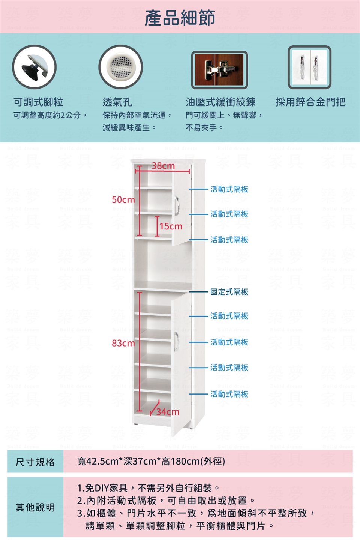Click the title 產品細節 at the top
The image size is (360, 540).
pyautogui.click(x=180, y=18)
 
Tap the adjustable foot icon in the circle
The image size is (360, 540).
pyautogui.click(x=34, y=67)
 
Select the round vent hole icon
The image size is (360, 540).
pyautogui.click(x=120, y=67)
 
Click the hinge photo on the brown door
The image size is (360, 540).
pyautogui.click(x=219, y=70)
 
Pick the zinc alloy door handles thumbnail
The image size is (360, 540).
pyautogui.click(x=309, y=67)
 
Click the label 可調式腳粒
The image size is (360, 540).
pyautogui.click(x=38, y=102)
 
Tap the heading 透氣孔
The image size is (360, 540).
pyautogui.click(x=117, y=102)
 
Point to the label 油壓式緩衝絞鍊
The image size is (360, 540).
pyautogui.click(x=220, y=102)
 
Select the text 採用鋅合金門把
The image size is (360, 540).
pyautogui.click(x=310, y=102)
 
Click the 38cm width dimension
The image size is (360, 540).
pyautogui.click(x=163, y=166)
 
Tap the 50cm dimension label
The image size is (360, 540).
pyautogui.click(x=123, y=200)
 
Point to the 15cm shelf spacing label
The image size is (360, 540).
pyautogui.click(x=171, y=226)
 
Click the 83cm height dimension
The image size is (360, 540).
pyautogui.click(x=123, y=343)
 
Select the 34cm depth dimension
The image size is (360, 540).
pyautogui.click(x=168, y=412)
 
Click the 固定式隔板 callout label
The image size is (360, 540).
pyautogui.click(x=229, y=292)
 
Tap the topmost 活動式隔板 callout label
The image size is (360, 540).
pyautogui.click(x=229, y=189)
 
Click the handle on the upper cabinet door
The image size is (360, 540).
pyautogui.click(x=177, y=205)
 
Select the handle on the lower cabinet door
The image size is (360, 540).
pyautogui.click(x=176, y=341)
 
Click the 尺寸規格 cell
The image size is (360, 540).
pyautogui.click(x=35, y=462)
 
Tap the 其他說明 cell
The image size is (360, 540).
pyautogui.click(x=35, y=507)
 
